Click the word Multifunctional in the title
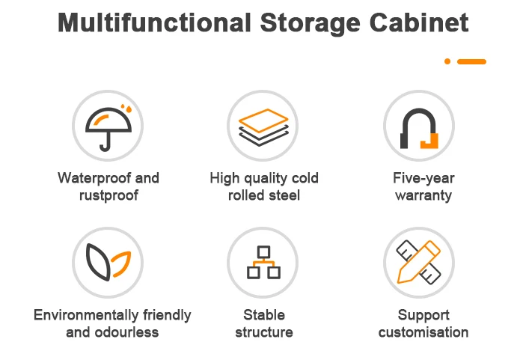154,22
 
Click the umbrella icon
108,125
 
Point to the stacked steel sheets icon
263,125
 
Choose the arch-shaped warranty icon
418,125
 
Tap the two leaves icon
108,263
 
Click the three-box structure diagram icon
263,262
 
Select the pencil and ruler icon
418,263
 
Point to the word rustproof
108,196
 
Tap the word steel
284,196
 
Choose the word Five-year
423,178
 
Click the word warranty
423,196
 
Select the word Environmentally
84,315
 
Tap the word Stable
263,315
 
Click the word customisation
423,332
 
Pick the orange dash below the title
471,61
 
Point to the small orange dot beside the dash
447,61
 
